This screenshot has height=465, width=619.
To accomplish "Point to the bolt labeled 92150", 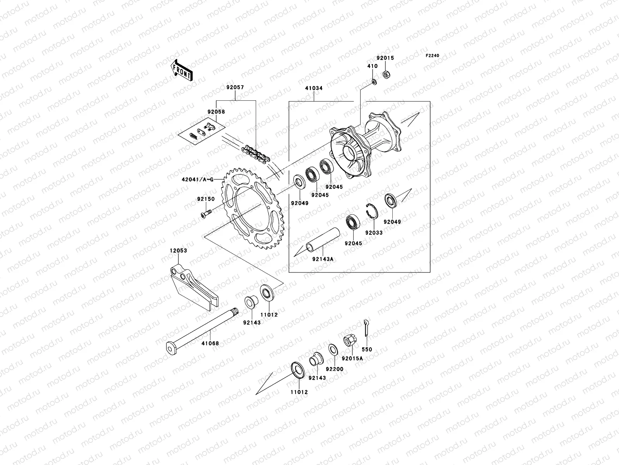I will pos(206,213).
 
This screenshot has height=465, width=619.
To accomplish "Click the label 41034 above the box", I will pos(313,88).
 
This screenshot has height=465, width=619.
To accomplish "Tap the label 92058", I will pos(216,112).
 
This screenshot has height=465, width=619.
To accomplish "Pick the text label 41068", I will pos(210,343).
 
